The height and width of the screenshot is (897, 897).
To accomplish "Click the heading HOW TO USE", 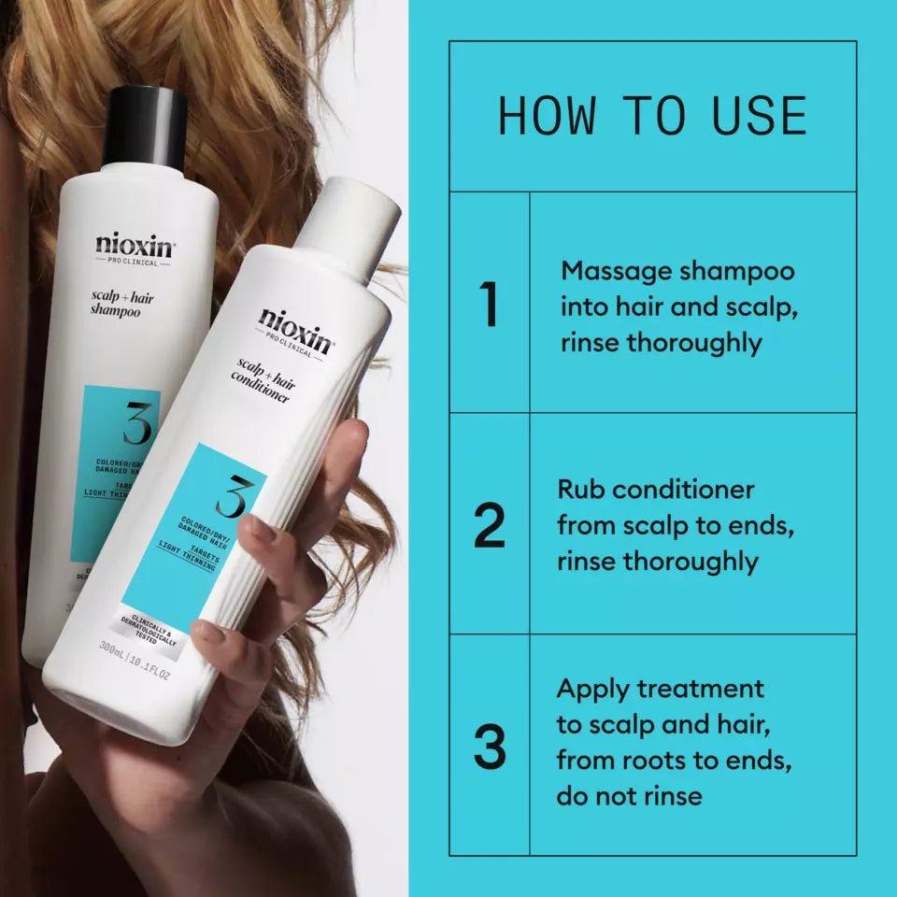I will click(652, 117).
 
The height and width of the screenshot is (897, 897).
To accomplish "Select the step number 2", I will click(489, 526).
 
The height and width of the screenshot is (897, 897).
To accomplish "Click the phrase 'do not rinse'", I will click(629, 796).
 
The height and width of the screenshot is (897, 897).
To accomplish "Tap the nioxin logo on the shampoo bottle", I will click(134, 248).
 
